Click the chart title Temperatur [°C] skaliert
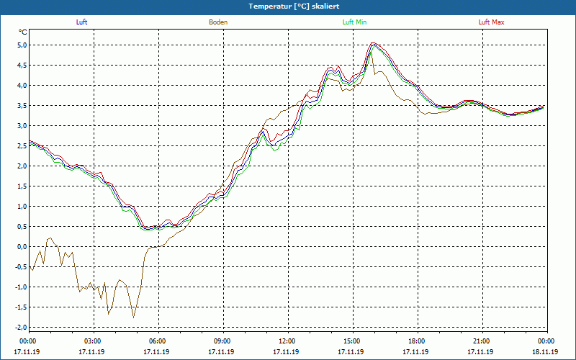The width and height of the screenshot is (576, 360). [x=288, y=6]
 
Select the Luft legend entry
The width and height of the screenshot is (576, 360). [x=81, y=22]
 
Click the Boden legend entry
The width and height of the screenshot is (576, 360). [x=218, y=22]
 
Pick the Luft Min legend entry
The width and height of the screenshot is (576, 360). [x=354, y=22]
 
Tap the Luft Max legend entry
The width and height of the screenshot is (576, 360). [x=492, y=22]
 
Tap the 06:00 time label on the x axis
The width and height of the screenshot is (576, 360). [x=158, y=341]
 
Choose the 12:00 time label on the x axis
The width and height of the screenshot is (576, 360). [x=287, y=341]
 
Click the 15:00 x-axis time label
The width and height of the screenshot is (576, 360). [x=352, y=341]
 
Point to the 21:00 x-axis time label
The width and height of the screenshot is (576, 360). [x=482, y=341]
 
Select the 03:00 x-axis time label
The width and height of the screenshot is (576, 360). [x=93, y=341]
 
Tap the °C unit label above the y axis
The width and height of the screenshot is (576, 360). [x=23, y=32]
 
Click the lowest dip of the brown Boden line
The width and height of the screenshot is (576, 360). [x=133, y=317]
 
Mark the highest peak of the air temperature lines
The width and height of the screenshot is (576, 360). [x=372, y=43]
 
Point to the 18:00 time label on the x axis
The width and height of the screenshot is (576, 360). [x=417, y=341]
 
